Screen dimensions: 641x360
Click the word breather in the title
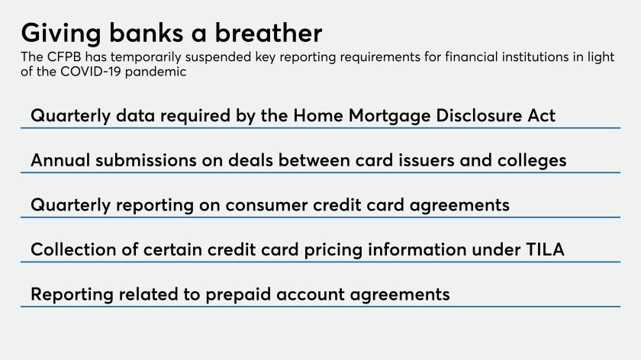(x=269, y=33)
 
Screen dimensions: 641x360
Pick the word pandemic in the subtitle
(x=156, y=72)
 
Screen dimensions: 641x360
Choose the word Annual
(x=60, y=160)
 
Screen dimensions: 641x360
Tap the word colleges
(x=532, y=161)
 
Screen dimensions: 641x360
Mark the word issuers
(x=427, y=160)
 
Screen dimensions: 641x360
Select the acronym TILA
(x=545, y=249)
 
